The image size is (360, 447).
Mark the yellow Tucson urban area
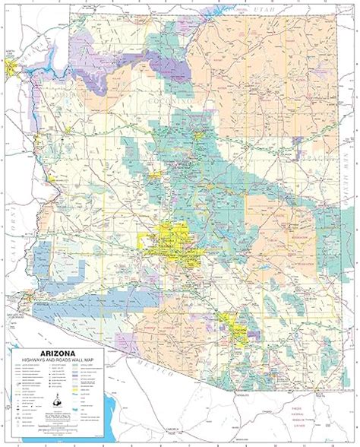click(238, 334)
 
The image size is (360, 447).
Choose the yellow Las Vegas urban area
click(11, 70)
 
